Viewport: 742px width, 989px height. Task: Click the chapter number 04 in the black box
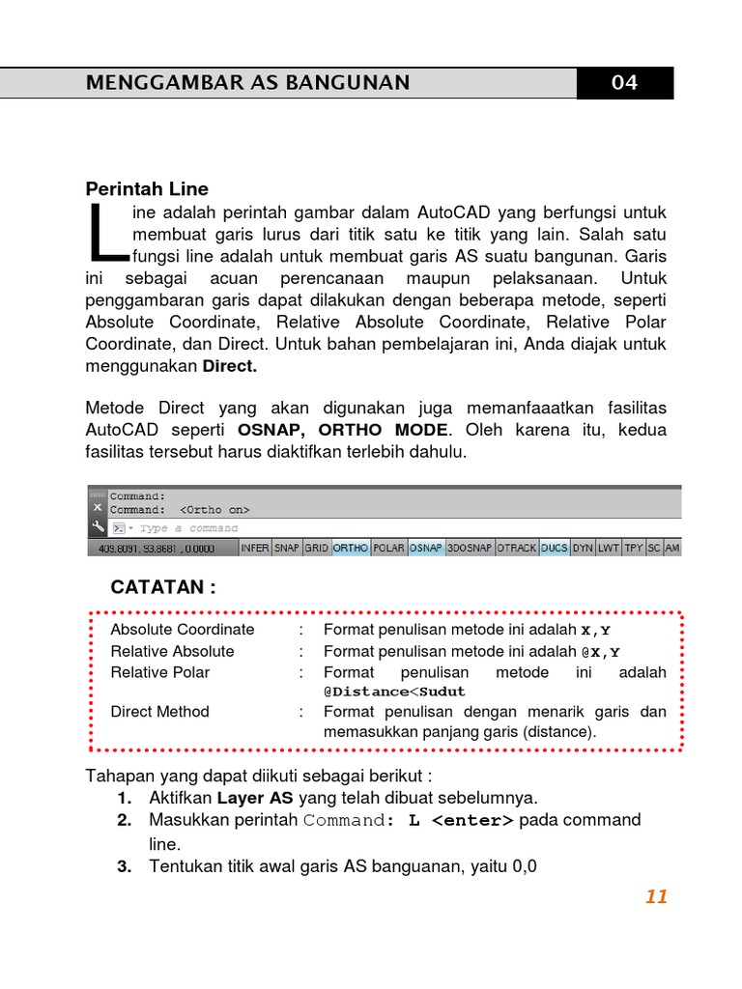[624, 83]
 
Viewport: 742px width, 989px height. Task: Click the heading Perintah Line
[147, 188]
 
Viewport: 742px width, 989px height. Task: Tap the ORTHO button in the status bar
[350, 548]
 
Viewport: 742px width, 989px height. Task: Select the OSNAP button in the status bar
[425, 548]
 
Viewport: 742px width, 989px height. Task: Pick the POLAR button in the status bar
[388, 548]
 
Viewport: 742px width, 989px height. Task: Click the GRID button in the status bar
[316, 548]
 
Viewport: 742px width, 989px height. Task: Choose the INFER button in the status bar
[255, 548]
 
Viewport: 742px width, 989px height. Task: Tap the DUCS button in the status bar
[554, 548]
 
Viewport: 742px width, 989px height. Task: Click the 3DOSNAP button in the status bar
[470, 548]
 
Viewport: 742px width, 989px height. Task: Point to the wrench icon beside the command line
[97, 527]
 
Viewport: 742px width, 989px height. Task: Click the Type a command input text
[188, 528]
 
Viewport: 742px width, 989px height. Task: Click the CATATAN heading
[163, 587]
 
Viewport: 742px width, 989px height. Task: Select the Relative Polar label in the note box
[159, 672]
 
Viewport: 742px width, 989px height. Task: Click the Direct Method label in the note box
[159, 712]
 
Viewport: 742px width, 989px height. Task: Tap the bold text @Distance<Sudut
[394, 692]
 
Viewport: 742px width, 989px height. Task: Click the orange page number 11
[657, 897]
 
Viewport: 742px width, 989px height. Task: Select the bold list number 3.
[124, 866]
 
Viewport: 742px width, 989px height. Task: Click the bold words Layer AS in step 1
[255, 798]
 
